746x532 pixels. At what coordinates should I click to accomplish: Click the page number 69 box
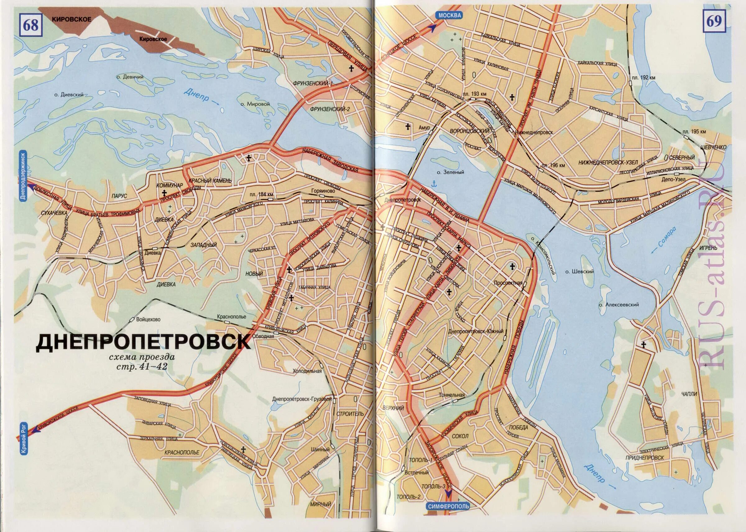(714, 22)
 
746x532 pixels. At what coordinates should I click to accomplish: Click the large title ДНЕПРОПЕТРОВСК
(143, 342)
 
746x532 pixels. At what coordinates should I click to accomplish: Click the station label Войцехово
(148, 319)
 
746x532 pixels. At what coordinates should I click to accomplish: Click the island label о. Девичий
(130, 77)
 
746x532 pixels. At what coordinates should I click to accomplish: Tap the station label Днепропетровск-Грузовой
(302, 399)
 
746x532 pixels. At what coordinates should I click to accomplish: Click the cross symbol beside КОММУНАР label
(163, 193)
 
